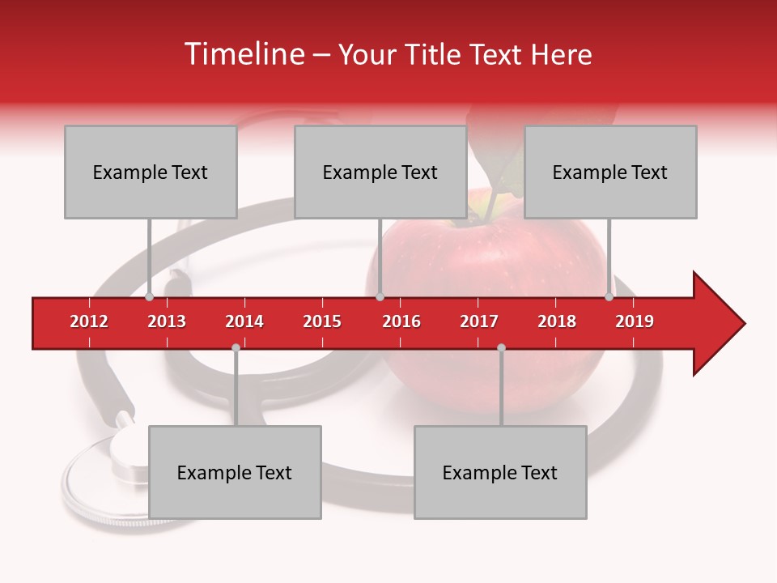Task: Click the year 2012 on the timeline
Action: (x=89, y=321)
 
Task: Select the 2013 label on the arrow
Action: (x=167, y=321)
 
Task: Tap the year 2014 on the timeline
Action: (x=244, y=321)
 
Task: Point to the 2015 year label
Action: (x=322, y=321)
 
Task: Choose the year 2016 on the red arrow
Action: (x=401, y=321)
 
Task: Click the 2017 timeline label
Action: (x=479, y=321)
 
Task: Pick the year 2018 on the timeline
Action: (x=557, y=321)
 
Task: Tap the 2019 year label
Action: (x=635, y=321)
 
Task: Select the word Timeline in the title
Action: (x=243, y=54)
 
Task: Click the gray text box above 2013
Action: (x=151, y=172)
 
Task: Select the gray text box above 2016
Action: (x=380, y=172)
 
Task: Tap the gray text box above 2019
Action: (x=610, y=172)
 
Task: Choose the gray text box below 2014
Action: (x=235, y=472)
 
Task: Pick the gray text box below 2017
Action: (x=500, y=472)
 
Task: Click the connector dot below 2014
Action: (x=236, y=347)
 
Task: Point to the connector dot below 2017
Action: (x=501, y=347)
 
